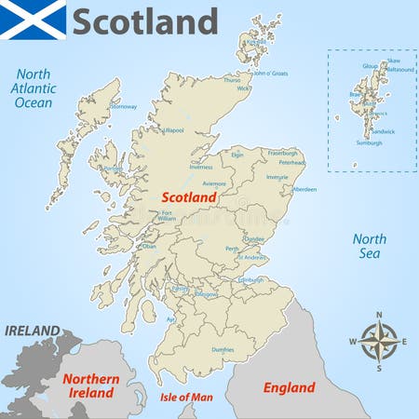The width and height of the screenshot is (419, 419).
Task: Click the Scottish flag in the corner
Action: [x=33, y=20]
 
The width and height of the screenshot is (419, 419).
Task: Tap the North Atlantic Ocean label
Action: [x=34, y=88]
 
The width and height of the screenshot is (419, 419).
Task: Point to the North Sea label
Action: [x=369, y=246]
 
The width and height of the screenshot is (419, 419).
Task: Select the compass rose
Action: [x=378, y=342]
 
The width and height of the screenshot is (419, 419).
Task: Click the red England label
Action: [x=289, y=386]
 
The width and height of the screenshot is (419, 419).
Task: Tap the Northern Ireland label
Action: [x=89, y=385]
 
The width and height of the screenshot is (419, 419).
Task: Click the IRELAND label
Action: [x=33, y=331]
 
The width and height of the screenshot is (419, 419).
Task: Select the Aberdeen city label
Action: [x=304, y=189]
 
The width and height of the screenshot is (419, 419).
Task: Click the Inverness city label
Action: [x=201, y=167]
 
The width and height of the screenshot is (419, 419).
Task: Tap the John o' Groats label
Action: [x=271, y=73]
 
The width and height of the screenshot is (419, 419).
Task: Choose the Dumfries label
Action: [x=223, y=349]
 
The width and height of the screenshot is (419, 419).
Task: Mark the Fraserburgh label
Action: [x=282, y=152]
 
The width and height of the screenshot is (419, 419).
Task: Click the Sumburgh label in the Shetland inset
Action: [x=369, y=142]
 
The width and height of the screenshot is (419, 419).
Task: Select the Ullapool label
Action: [x=173, y=131]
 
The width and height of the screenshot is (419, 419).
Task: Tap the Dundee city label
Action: [x=253, y=238]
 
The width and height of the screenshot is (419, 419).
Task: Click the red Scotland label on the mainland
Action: [x=189, y=197]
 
